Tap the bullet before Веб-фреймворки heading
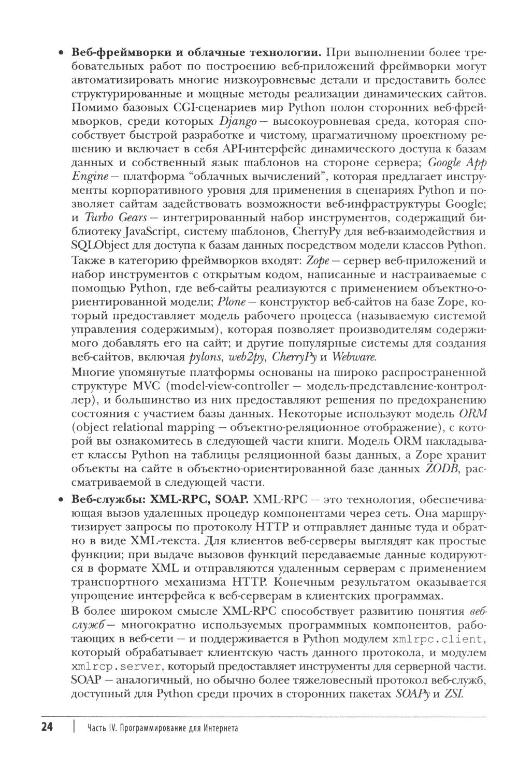click(61, 53)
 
